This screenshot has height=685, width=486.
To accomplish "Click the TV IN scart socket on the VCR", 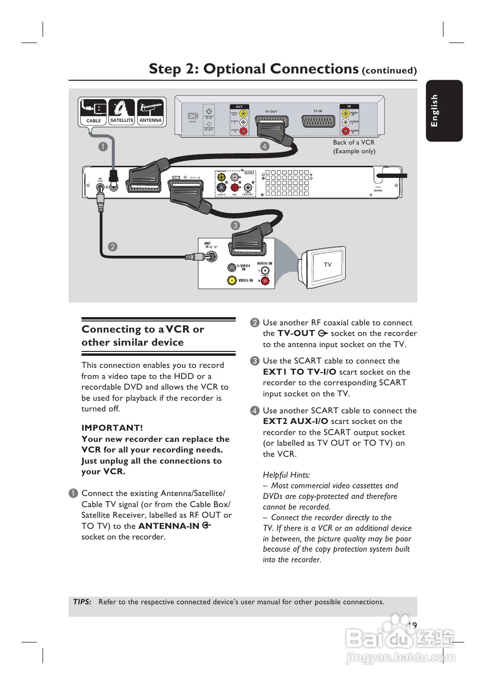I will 318,121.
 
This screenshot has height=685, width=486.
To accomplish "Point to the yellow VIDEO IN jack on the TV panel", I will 232,280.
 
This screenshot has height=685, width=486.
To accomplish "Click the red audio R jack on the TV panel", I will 265,281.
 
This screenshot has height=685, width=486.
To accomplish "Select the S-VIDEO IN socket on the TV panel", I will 232,267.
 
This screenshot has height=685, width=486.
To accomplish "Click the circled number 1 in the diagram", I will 103,146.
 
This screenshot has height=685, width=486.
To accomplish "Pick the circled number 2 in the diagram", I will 112,247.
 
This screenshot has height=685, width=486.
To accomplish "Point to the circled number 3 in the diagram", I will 235,225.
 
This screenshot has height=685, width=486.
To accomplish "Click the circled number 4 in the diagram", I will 264,146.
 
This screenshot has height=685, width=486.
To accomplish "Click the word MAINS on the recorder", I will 378,190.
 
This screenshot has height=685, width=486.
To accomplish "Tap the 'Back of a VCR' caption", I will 353,143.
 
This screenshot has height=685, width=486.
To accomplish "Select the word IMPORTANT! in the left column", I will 112,428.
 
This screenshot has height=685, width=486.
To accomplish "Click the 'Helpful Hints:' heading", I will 287,475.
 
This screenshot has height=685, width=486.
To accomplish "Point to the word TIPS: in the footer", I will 82,602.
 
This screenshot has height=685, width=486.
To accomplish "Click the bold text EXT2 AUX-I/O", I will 295,421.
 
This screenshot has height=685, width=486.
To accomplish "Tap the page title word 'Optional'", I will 281,69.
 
